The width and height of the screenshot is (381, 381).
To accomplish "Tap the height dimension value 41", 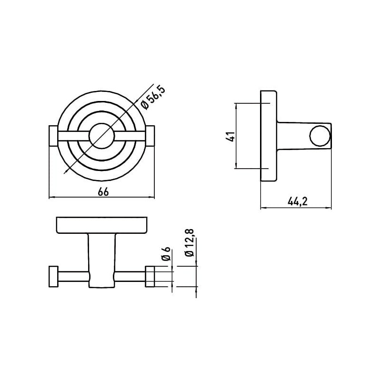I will point(230,136).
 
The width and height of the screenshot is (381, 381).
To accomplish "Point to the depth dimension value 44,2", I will point(297,202).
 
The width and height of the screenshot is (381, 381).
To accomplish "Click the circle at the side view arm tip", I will point(319,136).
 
